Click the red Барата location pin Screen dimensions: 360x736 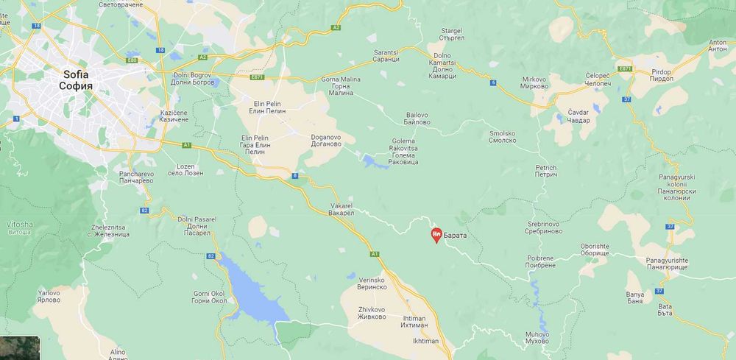[x=436, y=236]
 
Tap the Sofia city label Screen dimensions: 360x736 [x=77, y=80]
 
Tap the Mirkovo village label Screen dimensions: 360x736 [x=535, y=82]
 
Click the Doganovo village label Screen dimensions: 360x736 [x=328, y=141]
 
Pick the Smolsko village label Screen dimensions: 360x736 [x=503, y=138]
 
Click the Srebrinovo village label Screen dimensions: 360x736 [x=545, y=227]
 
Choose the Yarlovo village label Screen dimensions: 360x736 [x=49, y=297]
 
